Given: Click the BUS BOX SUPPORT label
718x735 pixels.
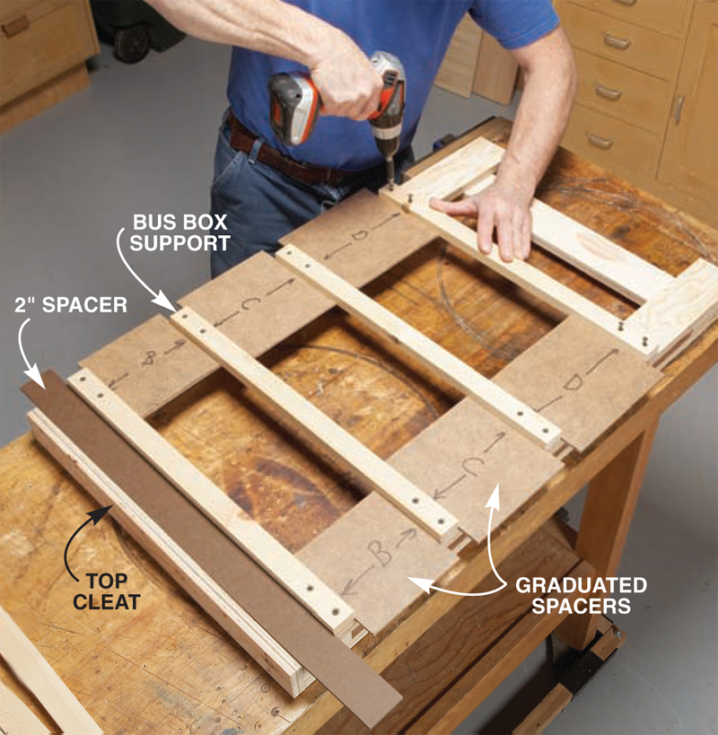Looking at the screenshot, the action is coord(180,232).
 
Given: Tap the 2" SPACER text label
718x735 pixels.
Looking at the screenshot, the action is coord(71,305).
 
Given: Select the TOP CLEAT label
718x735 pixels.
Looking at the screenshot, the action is coord(107,591).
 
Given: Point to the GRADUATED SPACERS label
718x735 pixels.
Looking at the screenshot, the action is coord(582,595).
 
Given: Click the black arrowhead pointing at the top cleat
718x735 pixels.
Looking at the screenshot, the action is coord(104,512).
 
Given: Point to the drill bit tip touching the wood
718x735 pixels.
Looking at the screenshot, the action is coord(390,184).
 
